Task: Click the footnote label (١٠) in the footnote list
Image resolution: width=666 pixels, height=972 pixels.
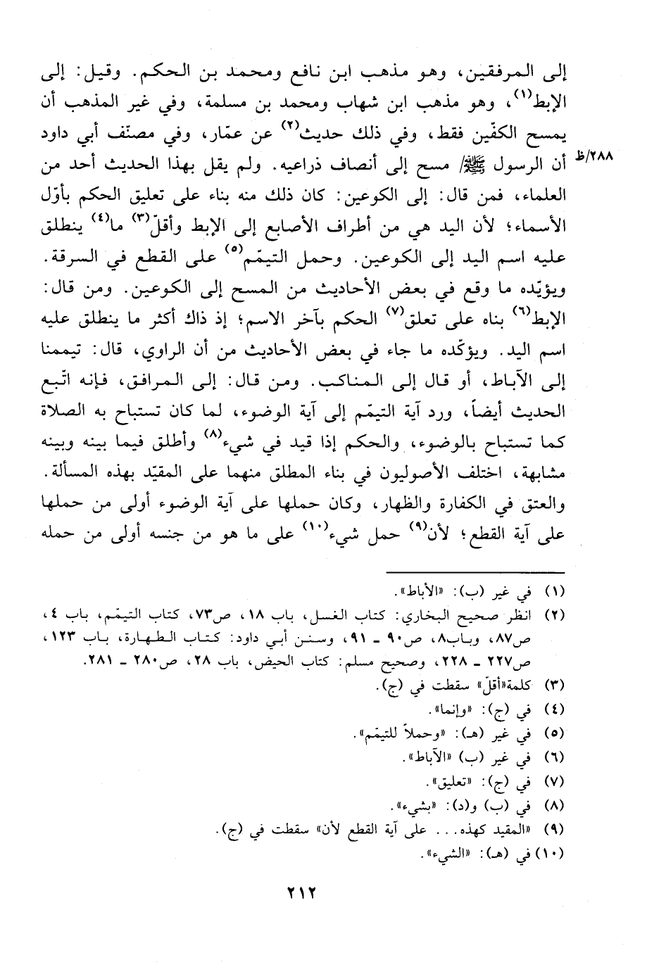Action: pyautogui.click(x=552, y=857)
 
